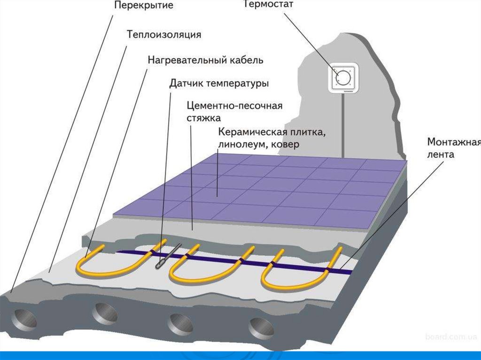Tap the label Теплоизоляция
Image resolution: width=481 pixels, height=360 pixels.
164,34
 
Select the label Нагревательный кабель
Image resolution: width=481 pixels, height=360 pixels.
205,60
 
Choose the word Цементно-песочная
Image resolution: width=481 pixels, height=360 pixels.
234,106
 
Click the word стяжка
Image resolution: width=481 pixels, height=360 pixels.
203,118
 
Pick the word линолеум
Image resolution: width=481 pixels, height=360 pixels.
239,145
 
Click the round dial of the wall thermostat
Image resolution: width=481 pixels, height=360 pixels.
342,76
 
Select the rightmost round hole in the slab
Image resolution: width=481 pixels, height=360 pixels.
261,327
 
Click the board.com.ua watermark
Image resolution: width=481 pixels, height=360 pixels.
450,337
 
